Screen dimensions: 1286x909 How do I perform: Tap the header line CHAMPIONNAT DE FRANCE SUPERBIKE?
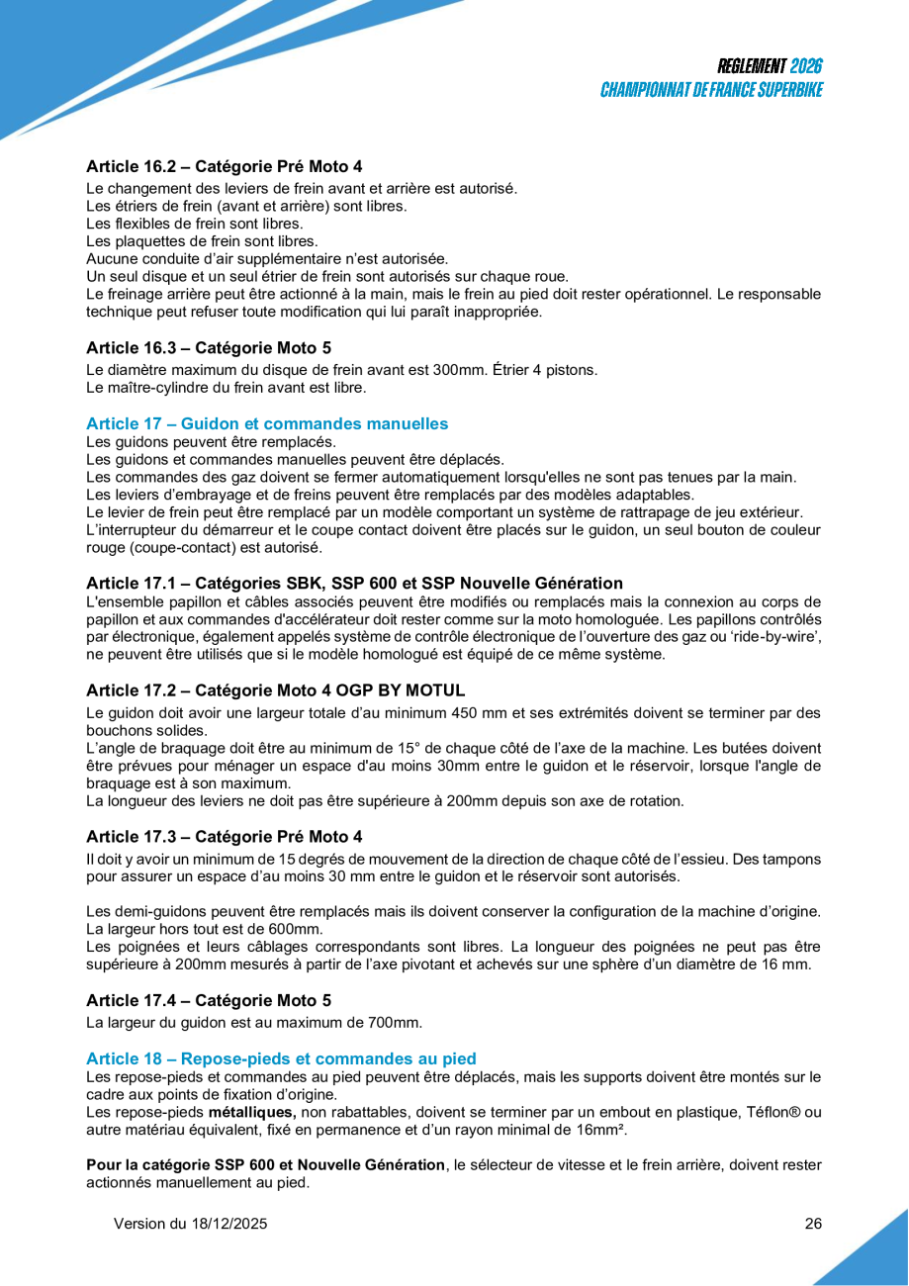(x=712, y=90)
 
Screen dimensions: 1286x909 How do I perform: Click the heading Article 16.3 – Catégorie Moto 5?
(x=209, y=347)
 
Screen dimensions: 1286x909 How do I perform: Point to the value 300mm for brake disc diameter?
(x=462, y=370)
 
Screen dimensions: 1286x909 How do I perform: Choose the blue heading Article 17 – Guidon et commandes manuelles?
(x=267, y=423)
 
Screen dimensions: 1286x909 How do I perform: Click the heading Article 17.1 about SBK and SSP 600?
(x=354, y=583)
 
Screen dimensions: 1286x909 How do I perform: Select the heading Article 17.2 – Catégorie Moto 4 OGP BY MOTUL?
(x=275, y=689)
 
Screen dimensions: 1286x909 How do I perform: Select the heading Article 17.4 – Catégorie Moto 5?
(x=209, y=1000)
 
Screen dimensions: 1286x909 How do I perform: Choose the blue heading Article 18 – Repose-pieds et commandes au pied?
(x=281, y=1058)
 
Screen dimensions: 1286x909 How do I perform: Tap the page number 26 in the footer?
(x=813, y=1224)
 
